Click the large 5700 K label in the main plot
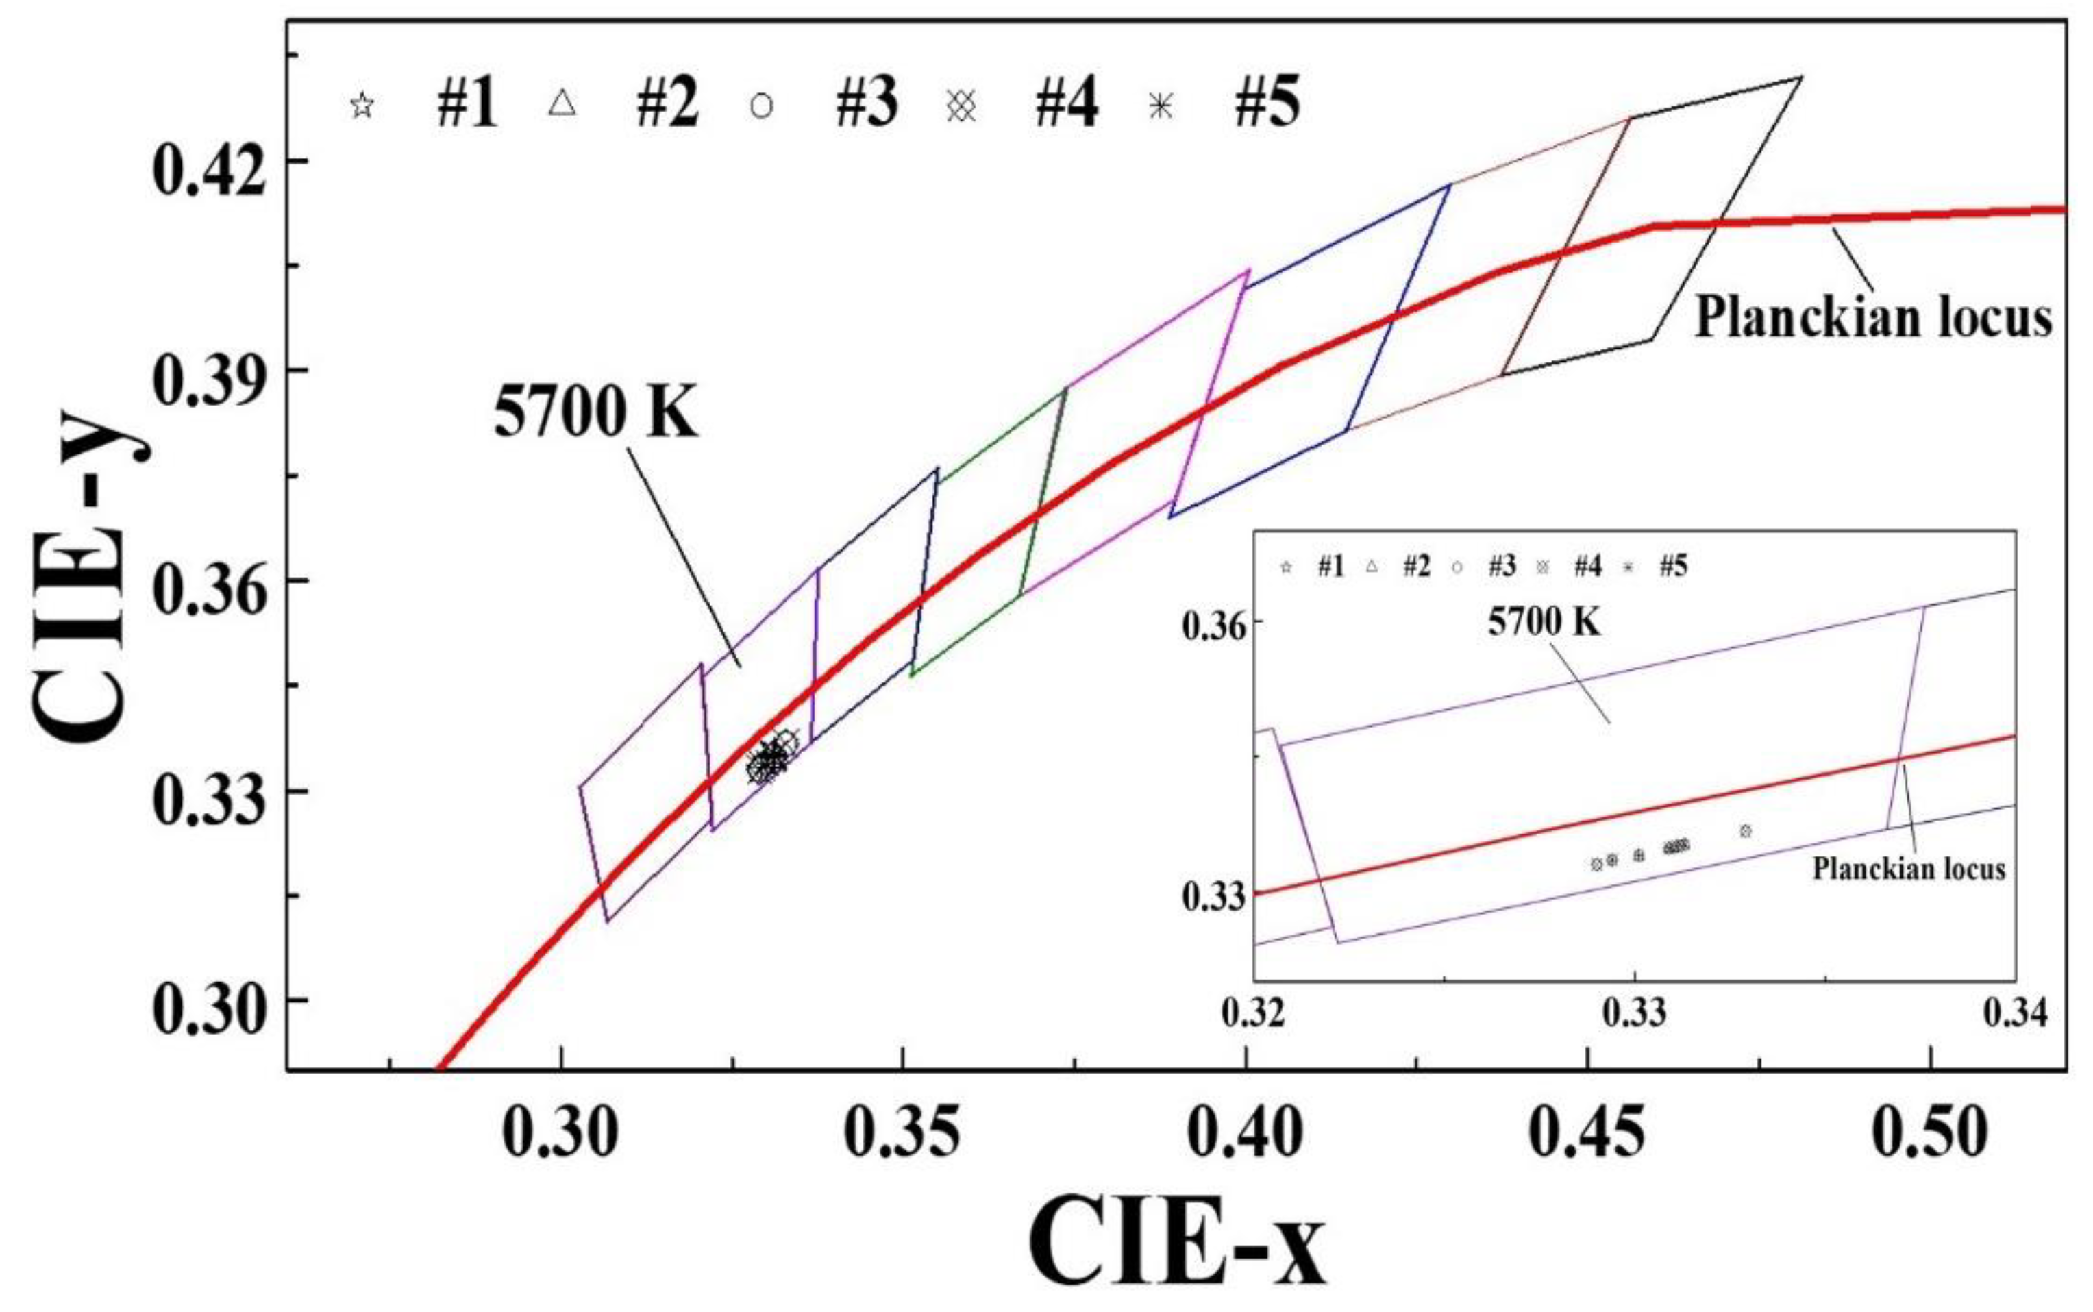595,411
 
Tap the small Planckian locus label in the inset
1908,868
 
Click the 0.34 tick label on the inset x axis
2014,1013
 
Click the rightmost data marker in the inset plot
1745,831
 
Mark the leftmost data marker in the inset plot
1596,864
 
